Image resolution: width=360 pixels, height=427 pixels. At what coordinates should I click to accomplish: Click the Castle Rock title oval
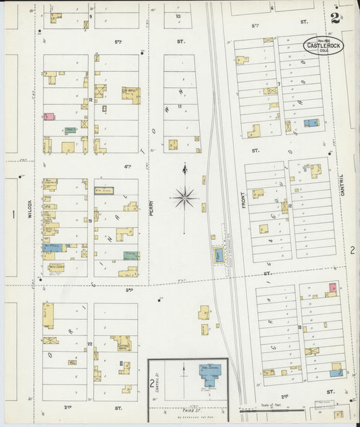(322, 46)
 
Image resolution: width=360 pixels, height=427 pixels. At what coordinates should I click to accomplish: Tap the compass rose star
(184, 197)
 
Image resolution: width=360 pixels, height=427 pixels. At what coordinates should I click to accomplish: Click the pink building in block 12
(49, 116)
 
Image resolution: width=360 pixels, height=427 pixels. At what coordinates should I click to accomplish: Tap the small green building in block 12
(70, 130)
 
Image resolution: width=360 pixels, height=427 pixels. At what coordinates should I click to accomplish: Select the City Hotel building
(130, 93)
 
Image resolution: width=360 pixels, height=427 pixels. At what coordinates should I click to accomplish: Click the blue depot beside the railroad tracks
(218, 255)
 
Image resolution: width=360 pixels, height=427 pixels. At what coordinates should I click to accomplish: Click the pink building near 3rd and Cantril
(332, 288)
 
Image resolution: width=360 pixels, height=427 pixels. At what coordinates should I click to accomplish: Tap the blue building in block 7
(311, 123)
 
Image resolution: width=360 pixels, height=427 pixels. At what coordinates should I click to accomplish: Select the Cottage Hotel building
(122, 342)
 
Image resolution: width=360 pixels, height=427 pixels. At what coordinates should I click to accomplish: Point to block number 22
(90, 344)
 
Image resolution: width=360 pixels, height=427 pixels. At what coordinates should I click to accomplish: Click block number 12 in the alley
(90, 100)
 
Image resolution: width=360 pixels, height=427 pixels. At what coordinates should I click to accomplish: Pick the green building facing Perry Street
(130, 256)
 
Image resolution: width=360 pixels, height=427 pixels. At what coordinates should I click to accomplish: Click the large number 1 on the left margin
(13, 215)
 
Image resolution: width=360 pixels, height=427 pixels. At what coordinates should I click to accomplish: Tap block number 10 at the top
(178, 16)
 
